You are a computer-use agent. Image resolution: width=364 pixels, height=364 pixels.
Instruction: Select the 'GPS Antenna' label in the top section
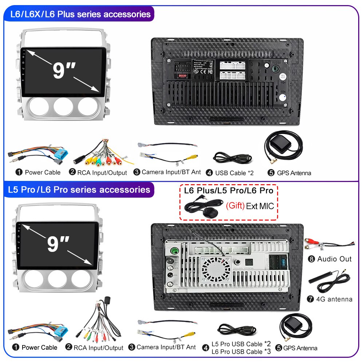pyautogui.click(x=294, y=173)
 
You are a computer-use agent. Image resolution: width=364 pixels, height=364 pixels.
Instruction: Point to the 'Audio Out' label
pyautogui.click(x=334, y=259)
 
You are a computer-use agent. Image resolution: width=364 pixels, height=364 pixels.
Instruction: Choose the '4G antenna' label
pyautogui.click(x=335, y=299)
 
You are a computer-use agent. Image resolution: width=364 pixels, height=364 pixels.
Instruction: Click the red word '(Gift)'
pyautogui.click(x=235, y=206)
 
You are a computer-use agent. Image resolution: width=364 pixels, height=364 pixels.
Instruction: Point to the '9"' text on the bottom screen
pyautogui.click(x=58, y=244)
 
